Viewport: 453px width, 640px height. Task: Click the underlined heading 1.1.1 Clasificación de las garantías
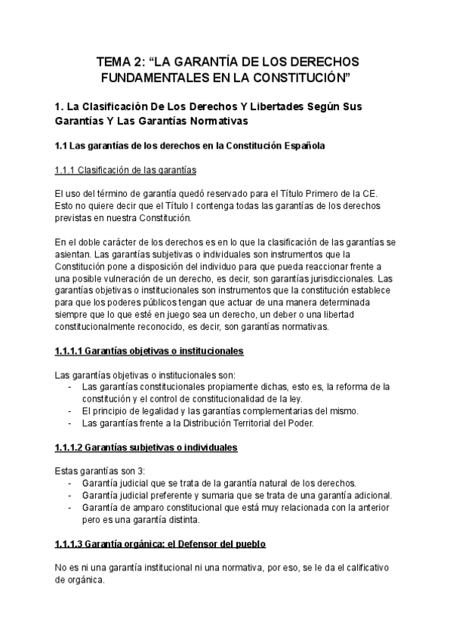tap(126, 169)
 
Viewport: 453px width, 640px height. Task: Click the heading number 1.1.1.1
tap(68, 351)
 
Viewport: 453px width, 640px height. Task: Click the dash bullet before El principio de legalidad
tap(70, 411)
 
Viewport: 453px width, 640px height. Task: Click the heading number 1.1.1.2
tap(68, 448)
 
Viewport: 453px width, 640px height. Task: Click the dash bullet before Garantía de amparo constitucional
tap(70, 507)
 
